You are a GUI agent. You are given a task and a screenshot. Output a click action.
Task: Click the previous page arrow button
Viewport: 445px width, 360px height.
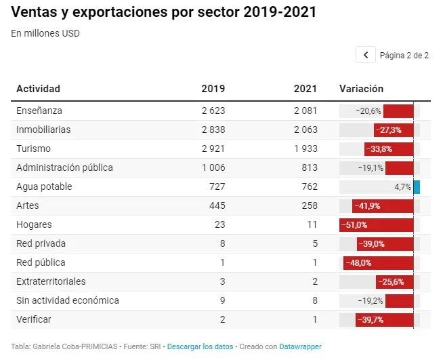point(366,55)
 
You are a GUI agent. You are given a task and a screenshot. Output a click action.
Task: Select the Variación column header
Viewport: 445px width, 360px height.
point(361,89)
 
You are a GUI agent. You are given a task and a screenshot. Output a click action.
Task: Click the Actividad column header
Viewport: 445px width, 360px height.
point(39,89)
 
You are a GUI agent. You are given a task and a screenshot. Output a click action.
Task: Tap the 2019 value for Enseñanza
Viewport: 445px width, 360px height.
point(213,111)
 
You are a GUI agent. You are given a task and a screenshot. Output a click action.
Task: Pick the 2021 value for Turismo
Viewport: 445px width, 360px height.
point(305,148)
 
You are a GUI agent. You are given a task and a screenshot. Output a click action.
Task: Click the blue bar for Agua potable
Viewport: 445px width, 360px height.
point(417,187)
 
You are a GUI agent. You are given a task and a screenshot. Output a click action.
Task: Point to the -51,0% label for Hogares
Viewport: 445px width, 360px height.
point(354,225)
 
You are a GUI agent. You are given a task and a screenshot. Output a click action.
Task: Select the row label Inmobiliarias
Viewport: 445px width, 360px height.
point(43,129)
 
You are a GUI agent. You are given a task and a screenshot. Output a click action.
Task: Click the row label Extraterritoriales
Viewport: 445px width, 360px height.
point(51,281)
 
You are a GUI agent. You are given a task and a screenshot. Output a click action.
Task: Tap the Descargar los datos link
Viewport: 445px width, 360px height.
point(200,346)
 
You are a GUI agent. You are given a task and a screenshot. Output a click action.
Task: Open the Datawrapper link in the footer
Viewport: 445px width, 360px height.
point(300,346)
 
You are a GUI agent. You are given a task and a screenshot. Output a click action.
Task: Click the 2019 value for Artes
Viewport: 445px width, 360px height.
point(217,205)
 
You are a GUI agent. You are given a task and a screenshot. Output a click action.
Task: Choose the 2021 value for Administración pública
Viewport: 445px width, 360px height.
point(310,167)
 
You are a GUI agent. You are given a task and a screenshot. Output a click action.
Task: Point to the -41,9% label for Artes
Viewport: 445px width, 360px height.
point(367,206)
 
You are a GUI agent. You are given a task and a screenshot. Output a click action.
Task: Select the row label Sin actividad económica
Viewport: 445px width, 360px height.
point(68,300)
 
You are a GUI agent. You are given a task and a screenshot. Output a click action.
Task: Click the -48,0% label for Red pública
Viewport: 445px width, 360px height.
point(358,263)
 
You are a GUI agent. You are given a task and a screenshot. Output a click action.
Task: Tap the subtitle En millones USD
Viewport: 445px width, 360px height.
point(45,33)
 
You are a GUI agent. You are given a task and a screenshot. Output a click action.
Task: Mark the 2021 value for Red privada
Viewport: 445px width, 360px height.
point(315,243)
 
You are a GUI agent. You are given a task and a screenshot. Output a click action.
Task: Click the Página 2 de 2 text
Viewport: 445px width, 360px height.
point(404,55)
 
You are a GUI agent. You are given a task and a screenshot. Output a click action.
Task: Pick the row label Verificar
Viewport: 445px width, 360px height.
point(34,319)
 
